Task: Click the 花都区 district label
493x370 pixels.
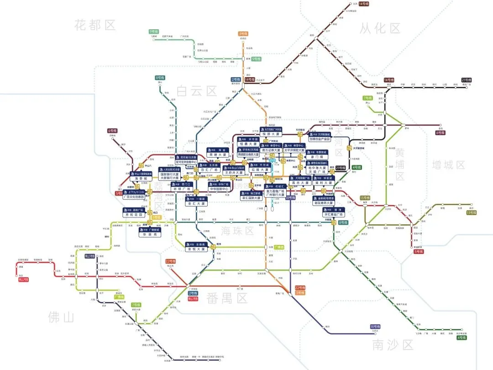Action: click(x=95, y=25)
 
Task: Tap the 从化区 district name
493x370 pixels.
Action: click(x=380, y=28)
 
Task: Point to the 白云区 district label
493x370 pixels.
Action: click(x=197, y=91)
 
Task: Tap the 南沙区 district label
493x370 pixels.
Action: click(x=393, y=344)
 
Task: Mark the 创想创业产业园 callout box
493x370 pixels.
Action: click(x=325, y=139)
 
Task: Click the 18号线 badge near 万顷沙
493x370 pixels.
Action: click(x=375, y=327)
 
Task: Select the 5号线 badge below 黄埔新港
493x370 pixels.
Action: click(x=418, y=251)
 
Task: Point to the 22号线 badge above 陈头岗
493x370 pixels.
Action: click(x=171, y=261)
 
